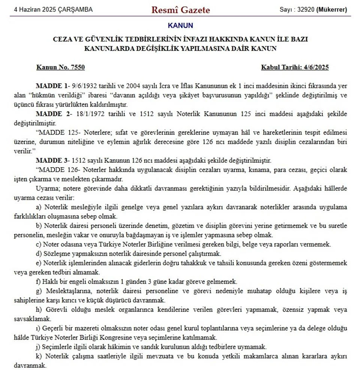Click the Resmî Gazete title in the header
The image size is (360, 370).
click(180, 10)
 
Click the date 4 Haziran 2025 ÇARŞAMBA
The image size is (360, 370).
click(53, 10)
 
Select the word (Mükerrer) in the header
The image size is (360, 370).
click(331, 10)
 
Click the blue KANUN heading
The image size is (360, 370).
click(180, 26)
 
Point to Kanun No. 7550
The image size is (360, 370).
click(60, 67)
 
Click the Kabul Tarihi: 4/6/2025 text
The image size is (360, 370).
click(295, 67)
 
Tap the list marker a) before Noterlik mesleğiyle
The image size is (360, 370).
click(39, 207)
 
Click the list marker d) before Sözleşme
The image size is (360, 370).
click(39, 253)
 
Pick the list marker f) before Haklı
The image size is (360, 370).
click(38, 281)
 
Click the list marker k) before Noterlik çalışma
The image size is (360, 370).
click(39, 355)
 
